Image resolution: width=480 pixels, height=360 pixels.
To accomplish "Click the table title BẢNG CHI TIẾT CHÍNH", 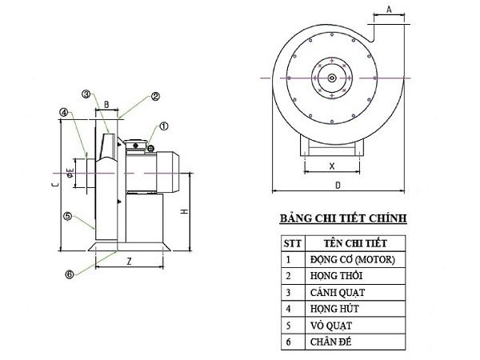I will pos(342,218).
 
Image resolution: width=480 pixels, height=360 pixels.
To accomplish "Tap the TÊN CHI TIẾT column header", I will pos(355,242).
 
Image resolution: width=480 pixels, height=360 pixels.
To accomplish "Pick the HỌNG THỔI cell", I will pos(336,276).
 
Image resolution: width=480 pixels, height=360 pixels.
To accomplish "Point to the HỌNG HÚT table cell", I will pos(334,310).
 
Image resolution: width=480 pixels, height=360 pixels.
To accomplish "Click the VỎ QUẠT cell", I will pos(331,326).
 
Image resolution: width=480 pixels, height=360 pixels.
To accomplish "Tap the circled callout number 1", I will pos(164,126).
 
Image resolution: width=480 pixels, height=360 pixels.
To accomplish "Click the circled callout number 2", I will pos(155,95).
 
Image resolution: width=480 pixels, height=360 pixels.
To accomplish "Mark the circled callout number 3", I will pos(86,94).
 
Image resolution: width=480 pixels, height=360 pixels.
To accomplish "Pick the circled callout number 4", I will pos(62,113).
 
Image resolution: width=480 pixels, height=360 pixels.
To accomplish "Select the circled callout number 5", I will pos(68,215).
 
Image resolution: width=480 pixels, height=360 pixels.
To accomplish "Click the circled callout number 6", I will pos(70,274).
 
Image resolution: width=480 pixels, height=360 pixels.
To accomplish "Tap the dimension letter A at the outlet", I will pos(388,9).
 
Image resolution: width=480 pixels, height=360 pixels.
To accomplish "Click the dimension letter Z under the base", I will pos(129,262).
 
